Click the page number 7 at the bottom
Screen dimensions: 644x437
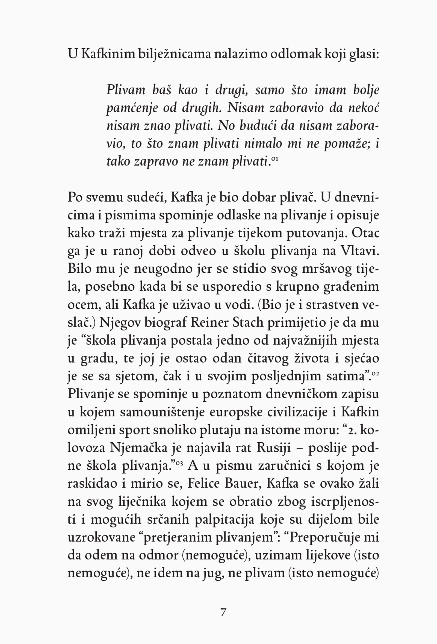coord(223,612)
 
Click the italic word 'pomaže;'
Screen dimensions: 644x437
coord(347,144)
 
